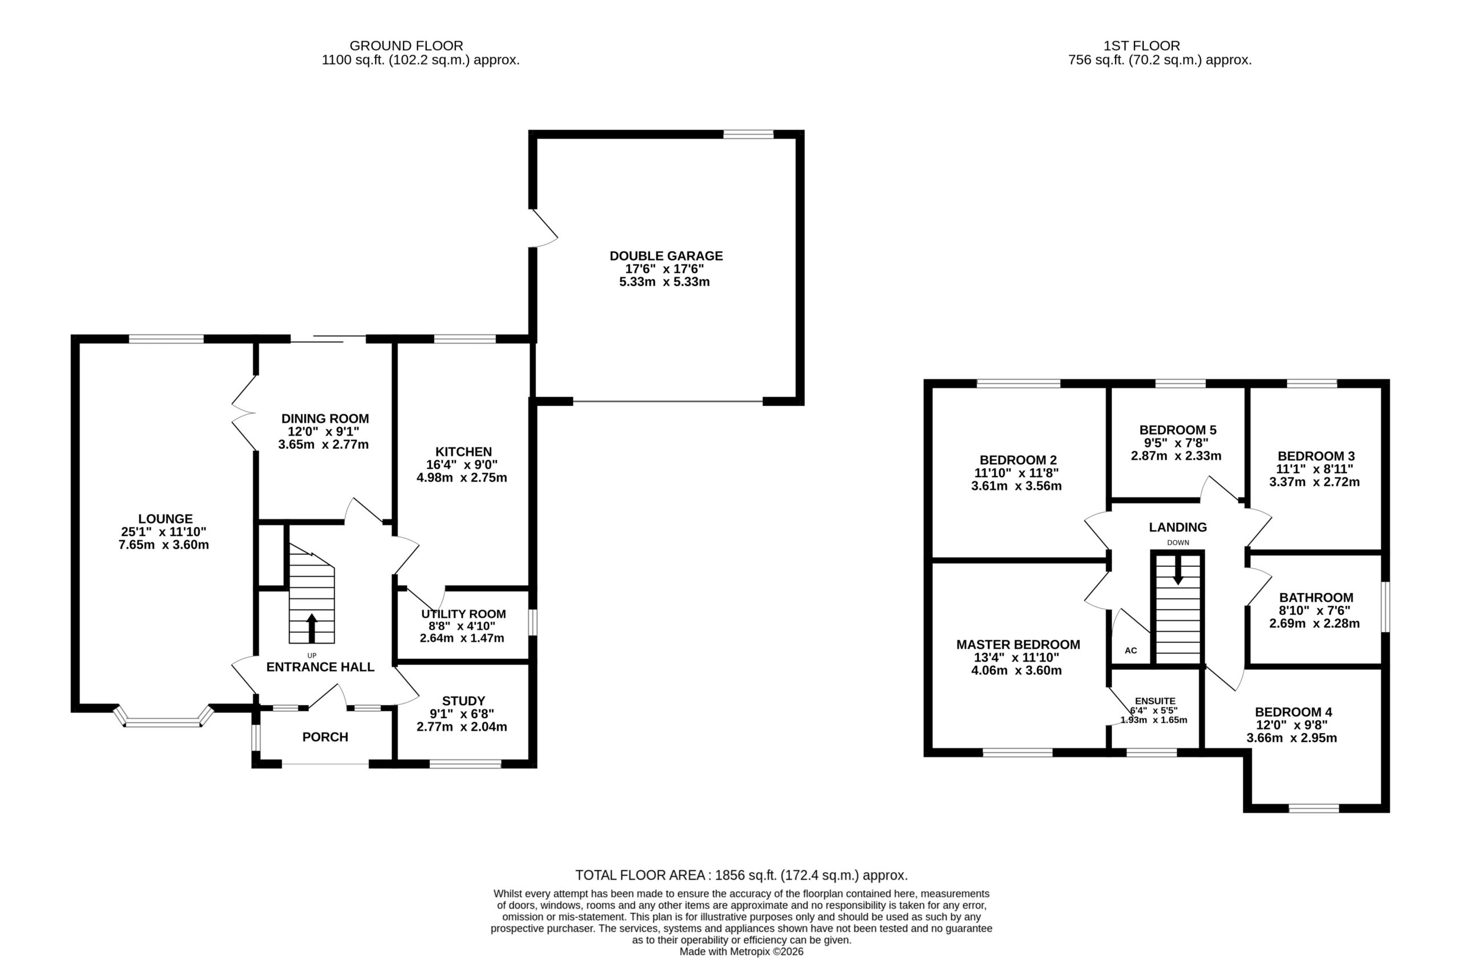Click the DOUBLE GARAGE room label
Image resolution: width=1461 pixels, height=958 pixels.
tap(666, 256)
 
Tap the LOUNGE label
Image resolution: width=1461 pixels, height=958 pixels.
tap(165, 519)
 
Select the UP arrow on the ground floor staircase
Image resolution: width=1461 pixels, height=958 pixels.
tap(312, 627)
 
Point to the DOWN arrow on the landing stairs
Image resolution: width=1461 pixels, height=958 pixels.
tap(1177, 570)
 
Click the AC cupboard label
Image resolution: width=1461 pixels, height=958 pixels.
tap(1131, 650)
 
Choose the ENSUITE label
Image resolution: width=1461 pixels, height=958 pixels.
tap(1155, 701)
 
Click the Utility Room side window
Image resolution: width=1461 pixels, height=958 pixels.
tap(533, 622)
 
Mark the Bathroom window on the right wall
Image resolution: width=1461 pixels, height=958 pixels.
tap(1386, 607)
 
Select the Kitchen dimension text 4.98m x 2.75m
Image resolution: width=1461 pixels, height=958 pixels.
tap(462, 478)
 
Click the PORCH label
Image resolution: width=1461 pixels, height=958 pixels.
tap(325, 737)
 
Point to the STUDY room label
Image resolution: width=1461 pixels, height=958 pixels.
tap(463, 701)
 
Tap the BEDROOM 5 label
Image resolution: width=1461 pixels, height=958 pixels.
tap(1178, 430)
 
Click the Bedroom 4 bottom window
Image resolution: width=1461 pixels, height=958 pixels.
tap(1314, 808)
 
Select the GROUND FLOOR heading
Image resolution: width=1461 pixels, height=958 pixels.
tap(406, 46)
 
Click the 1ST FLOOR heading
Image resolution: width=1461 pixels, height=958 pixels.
tap(1142, 46)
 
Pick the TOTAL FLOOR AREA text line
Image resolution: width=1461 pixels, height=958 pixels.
tap(741, 875)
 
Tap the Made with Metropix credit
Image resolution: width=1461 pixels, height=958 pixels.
tap(741, 951)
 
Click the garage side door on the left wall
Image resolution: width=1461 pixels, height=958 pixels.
tap(544, 228)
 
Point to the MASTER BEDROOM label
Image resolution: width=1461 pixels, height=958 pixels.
tap(1018, 644)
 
